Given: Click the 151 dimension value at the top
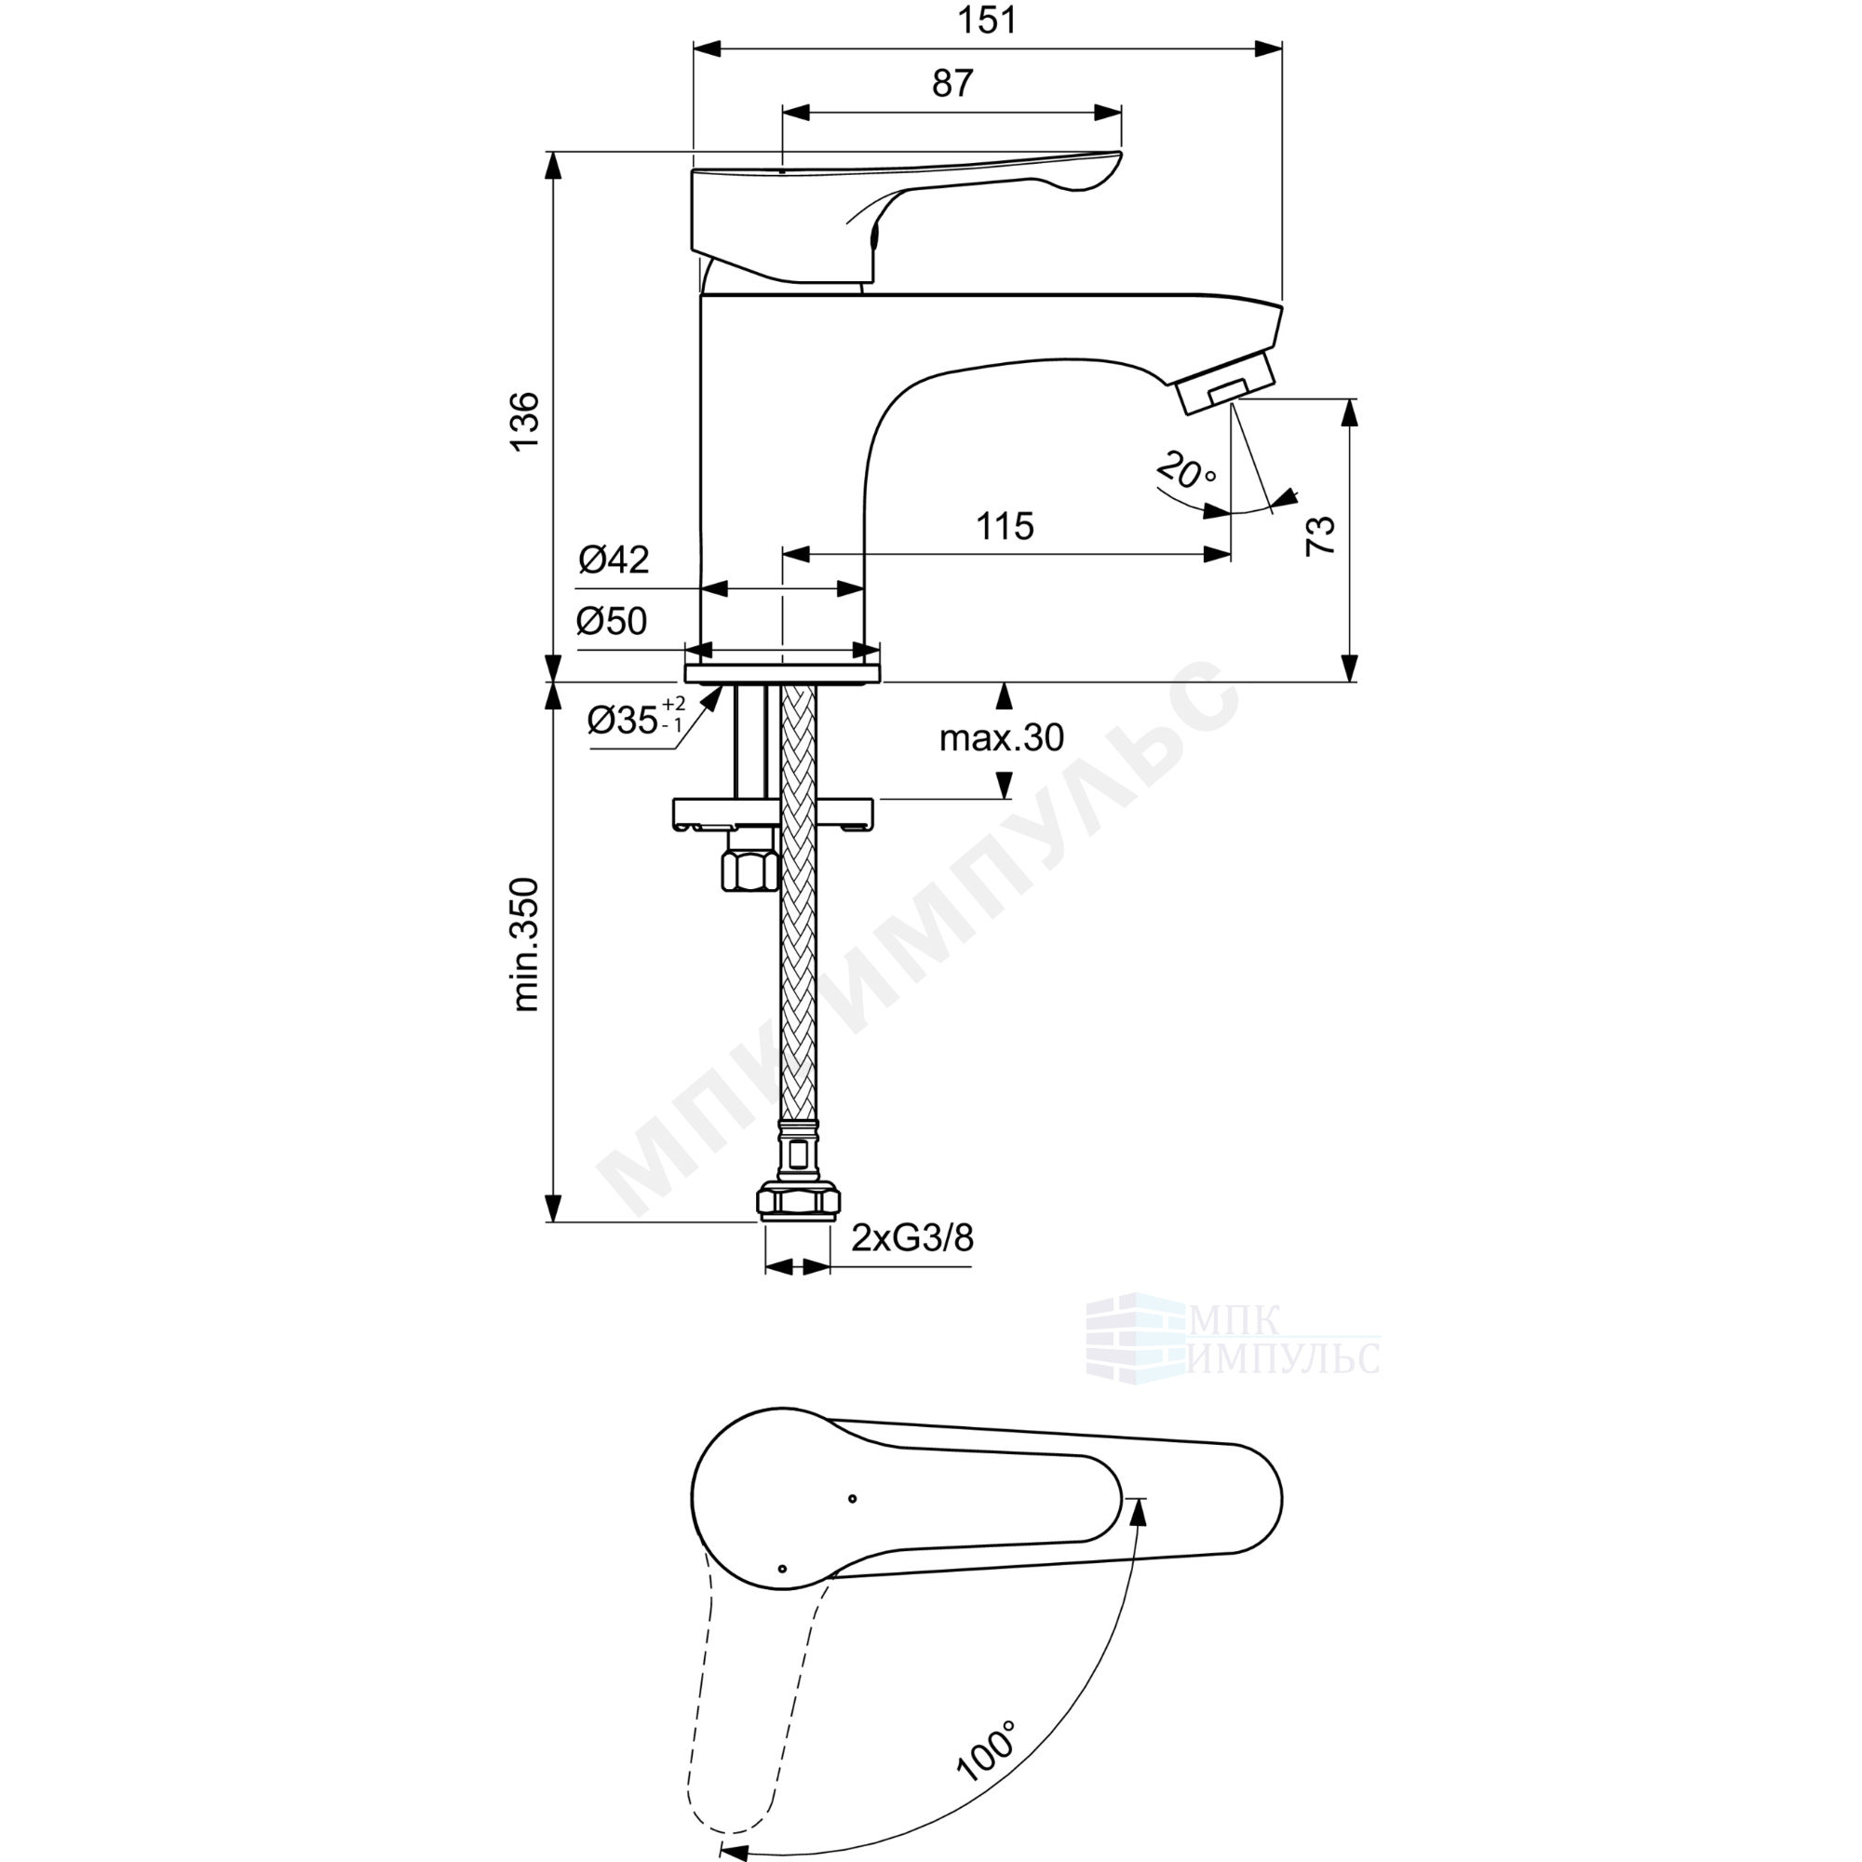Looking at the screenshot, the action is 987,20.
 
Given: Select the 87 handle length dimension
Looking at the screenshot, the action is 952,84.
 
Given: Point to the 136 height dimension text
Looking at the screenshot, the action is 525,421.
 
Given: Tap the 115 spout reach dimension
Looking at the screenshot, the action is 1005,526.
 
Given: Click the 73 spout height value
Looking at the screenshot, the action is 1320,535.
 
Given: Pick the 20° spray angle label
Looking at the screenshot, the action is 1186,469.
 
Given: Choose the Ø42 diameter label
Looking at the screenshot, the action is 614,559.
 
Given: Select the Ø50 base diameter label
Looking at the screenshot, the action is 612,622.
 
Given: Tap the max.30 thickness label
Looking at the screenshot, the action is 1002,738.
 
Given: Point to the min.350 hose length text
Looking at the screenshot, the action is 525,944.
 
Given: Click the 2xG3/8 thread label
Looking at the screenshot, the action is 911,1236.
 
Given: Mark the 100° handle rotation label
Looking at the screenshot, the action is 986,1748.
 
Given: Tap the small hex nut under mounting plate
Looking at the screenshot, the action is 750,867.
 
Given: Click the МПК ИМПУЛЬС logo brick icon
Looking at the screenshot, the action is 1135,1338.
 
